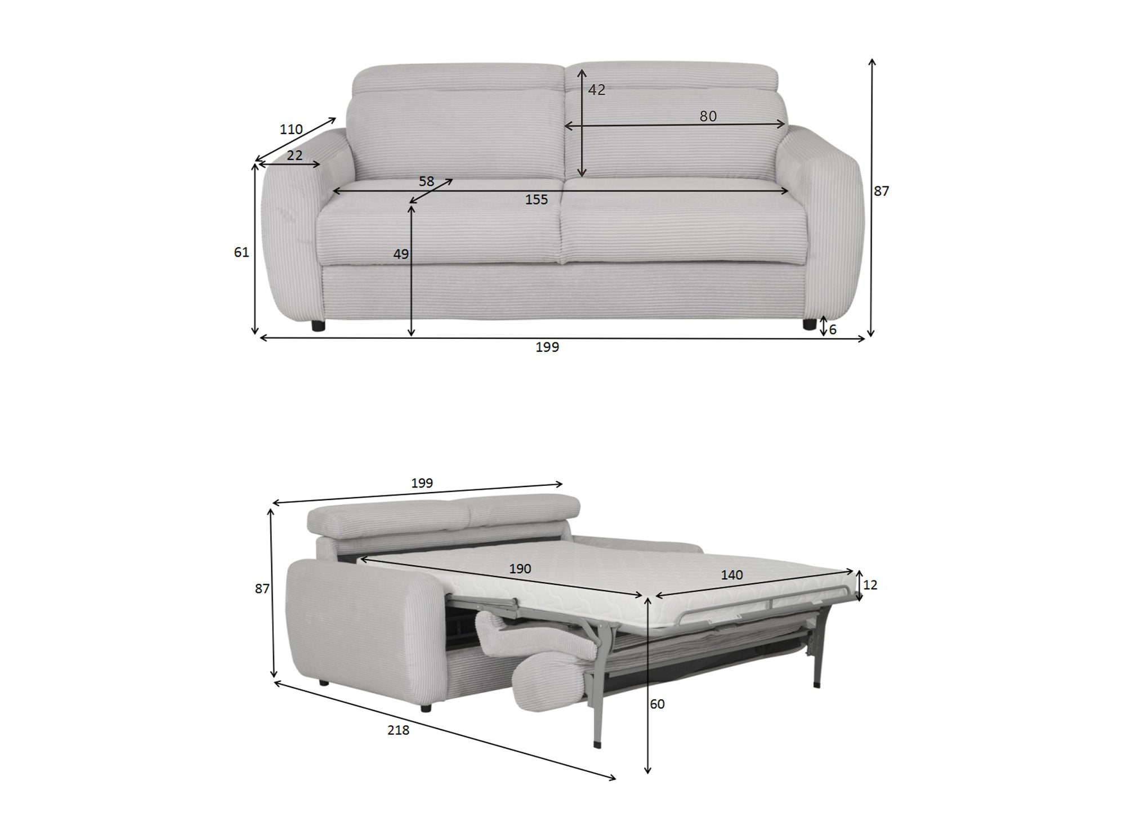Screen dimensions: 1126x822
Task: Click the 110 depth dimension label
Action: [x=291, y=129]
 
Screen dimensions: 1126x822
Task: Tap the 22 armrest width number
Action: [x=294, y=155]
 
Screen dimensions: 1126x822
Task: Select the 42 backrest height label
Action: [x=597, y=90]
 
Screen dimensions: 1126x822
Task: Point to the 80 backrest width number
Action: [x=708, y=116]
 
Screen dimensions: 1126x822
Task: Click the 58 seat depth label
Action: [x=427, y=181]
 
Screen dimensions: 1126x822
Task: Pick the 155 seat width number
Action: [x=537, y=199]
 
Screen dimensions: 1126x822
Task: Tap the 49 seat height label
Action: [x=401, y=254]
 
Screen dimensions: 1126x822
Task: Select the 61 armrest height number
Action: [x=242, y=253]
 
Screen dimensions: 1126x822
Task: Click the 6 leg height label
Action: [x=833, y=330]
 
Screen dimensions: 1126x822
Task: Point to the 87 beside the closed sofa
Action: [x=881, y=191]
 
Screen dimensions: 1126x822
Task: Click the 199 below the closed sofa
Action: [x=547, y=347]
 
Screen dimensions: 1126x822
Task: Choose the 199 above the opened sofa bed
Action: [x=422, y=483]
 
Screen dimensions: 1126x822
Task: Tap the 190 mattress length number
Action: [x=520, y=569]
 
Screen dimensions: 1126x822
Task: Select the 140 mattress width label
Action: [x=732, y=575]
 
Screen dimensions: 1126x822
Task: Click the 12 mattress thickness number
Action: [x=870, y=585]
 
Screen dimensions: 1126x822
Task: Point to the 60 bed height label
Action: [x=657, y=704]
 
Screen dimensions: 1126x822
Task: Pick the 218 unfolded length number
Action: [x=398, y=730]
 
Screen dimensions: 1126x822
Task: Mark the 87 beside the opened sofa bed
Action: [x=262, y=589]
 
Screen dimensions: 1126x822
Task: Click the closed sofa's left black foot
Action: [x=318, y=325]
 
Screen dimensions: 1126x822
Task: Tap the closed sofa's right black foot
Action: [x=810, y=324]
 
